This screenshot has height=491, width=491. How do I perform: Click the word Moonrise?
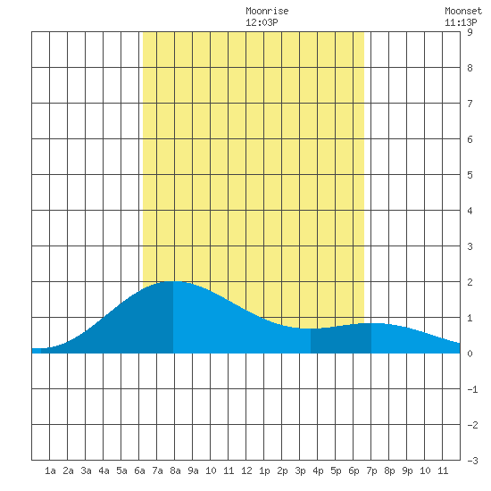[x=267, y=11]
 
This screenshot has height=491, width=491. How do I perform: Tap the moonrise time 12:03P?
[x=262, y=22]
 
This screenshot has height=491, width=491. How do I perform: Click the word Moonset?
[x=463, y=11]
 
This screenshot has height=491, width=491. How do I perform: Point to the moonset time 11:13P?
[x=461, y=22]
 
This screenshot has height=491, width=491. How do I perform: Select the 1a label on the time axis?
[x=50, y=470]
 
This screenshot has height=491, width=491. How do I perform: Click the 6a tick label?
[x=139, y=470]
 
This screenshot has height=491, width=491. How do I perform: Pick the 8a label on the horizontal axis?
[x=175, y=470]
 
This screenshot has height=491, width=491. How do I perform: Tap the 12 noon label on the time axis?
[x=246, y=470]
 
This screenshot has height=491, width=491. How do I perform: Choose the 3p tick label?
[x=300, y=471]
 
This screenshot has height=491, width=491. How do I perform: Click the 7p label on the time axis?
[x=371, y=471]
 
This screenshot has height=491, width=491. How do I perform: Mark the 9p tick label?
[x=407, y=471]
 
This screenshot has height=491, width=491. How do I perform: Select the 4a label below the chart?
[x=104, y=470]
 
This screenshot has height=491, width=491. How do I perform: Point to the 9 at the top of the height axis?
[x=470, y=32]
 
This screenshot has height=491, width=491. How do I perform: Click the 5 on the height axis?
[x=470, y=175]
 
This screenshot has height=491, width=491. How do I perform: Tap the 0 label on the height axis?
[x=470, y=354]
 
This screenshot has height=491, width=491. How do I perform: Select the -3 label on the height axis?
[x=472, y=461]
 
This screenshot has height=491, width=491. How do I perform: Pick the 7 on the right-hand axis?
[x=470, y=104]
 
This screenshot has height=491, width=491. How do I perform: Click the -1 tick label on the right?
[x=472, y=389]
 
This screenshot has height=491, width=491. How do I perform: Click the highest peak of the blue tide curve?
[x=173, y=281]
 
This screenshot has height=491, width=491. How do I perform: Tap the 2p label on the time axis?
[x=282, y=471]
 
